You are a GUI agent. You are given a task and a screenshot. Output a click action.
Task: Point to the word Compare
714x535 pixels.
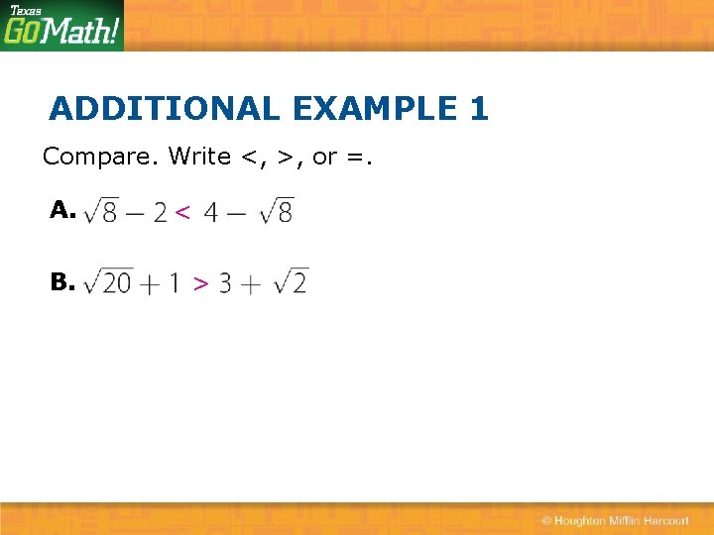pos(100,157)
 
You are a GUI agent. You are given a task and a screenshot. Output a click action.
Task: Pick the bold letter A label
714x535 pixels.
pos(62,210)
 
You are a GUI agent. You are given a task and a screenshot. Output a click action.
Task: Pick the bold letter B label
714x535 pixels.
pos(62,282)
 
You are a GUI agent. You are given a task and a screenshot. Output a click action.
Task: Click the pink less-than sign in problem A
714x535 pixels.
pos(182,211)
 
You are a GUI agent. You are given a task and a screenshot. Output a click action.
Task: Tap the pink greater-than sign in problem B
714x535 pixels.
pos(200,284)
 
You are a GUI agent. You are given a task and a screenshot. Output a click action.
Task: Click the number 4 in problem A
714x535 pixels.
pos(212,212)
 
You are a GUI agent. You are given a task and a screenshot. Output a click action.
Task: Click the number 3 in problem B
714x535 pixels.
pos(225,284)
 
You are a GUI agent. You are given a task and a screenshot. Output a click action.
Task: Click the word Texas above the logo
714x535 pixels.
pos(25,10)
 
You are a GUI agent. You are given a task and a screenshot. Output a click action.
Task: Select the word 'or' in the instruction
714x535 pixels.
pos(324,157)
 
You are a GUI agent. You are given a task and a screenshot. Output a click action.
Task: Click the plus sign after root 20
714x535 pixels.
pos(149,284)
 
